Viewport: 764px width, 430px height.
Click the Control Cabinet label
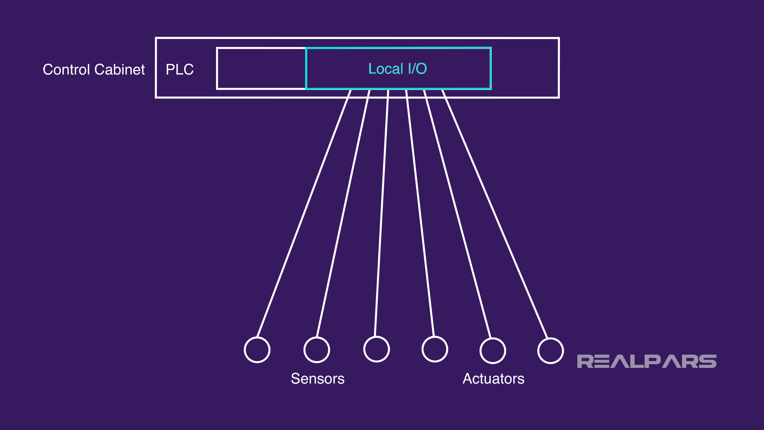pyautogui.click(x=94, y=70)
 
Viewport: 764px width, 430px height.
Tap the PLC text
pyautogui.click(x=179, y=70)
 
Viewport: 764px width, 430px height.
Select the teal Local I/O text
pyautogui.click(x=398, y=69)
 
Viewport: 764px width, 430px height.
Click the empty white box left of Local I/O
pyautogui.click(x=261, y=68)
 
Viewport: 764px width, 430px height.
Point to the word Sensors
pyautogui.click(x=318, y=379)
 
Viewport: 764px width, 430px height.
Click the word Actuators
pyautogui.click(x=493, y=379)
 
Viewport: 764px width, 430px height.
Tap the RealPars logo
pyautogui.click(x=647, y=361)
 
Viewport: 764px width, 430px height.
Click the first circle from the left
pyautogui.click(x=257, y=350)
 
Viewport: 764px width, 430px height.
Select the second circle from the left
pyautogui.click(x=317, y=350)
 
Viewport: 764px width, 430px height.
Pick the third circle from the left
pyautogui.click(x=376, y=349)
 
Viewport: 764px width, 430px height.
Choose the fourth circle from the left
pyautogui.click(x=435, y=349)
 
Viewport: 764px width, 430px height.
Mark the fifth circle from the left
pyautogui.click(x=493, y=350)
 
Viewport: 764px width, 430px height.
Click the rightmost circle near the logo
pyautogui.click(x=550, y=350)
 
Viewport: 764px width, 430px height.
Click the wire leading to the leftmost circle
pyautogui.click(x=304, y=213)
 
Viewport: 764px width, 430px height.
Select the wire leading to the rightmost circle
pyautogui.click(x=495, y=213)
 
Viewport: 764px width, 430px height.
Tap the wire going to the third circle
pyautogui.click(x=382, y=213)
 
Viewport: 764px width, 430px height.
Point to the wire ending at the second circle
pyautogui.click(x=343, y=213)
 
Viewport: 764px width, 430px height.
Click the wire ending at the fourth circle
pyautogui.click(x=420, y=213)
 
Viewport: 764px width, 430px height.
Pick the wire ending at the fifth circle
pyautogui.click(x=458, y=213)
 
